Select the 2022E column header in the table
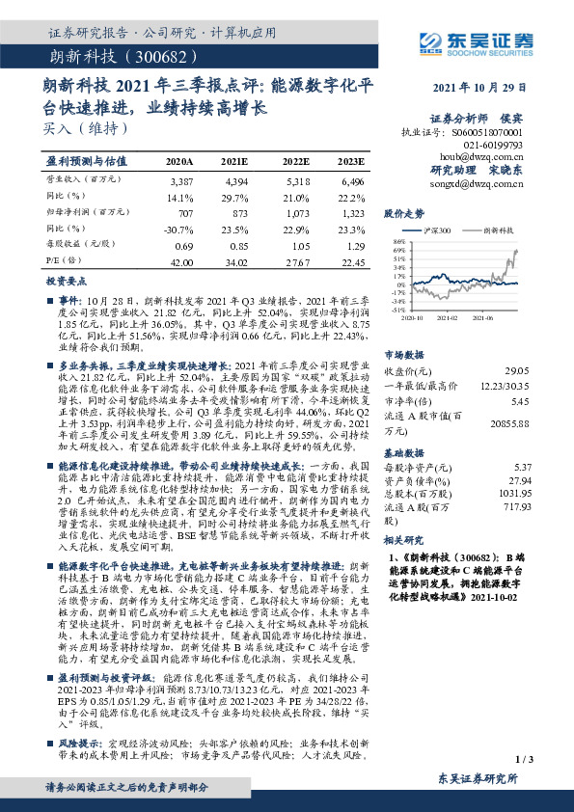[x=296, y=161]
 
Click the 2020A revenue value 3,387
[x=180, y=180]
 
